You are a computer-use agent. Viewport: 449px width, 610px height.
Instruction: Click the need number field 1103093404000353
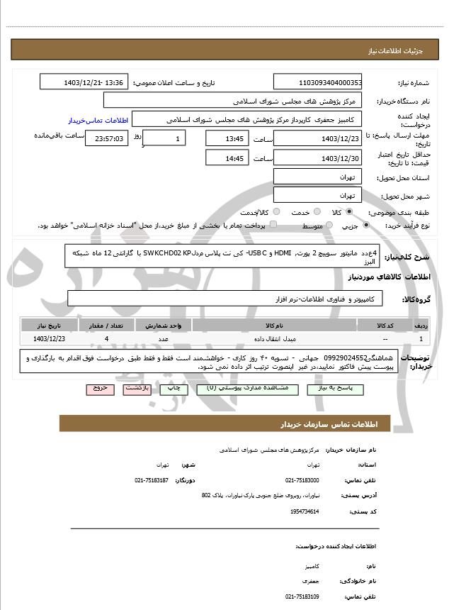pyautogui.click(x=318, y=83)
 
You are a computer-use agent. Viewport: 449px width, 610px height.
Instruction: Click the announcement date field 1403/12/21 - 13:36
pyautogui.click(x=84, y=83)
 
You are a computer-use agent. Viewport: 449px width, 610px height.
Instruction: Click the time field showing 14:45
pyautogui.click(x=227, y=158)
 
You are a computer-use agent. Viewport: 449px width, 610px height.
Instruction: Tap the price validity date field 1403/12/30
pyautogui.click(x=318, y=158)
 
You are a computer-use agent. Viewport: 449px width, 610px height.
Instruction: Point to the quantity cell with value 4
pyautogui.click(x=106, y=339)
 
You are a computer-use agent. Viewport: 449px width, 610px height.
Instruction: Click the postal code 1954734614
pyautogui.click(x=305, y=511)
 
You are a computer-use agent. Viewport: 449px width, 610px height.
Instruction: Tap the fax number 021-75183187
pyautogui.click(x=151, y=480)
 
